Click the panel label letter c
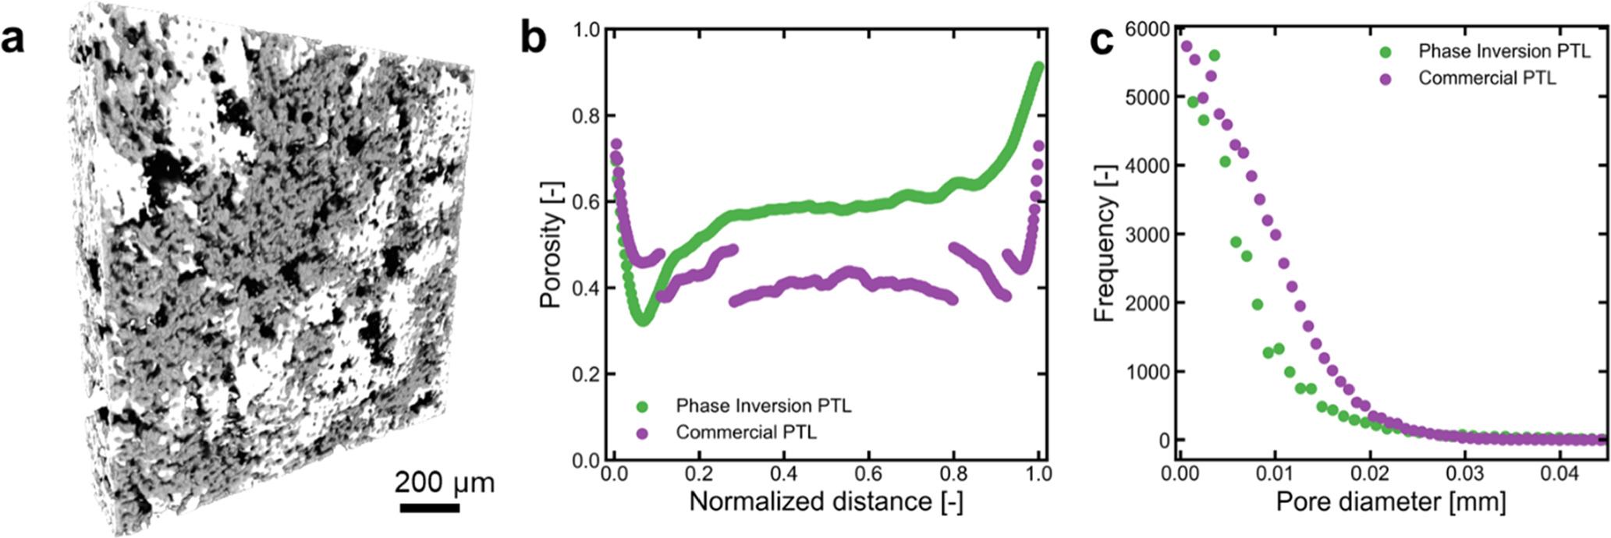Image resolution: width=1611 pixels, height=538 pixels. [1102, 39]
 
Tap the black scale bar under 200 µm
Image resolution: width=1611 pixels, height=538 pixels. [430, 508]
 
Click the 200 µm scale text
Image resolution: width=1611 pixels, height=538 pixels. [444, 483]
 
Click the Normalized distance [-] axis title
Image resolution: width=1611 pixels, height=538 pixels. [825, 501]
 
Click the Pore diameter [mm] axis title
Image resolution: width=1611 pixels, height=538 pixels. [1390, 501]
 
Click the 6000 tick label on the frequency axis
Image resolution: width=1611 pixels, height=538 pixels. [1148, 29]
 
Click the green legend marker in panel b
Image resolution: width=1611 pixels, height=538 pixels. [642, 406]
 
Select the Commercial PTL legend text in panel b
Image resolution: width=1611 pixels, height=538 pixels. [746, 433]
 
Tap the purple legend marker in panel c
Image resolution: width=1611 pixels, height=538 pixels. [1386, 79]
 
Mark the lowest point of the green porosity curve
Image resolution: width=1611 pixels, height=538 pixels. [642, 320]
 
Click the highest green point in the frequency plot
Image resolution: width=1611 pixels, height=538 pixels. [1214, 55]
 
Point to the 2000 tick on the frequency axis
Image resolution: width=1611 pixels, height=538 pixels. [1148, 303]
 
